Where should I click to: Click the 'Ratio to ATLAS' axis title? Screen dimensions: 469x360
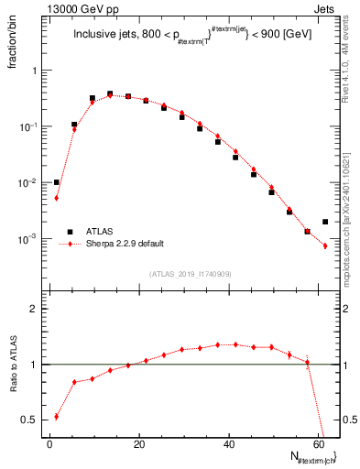(13, 389)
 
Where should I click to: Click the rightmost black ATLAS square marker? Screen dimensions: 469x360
(325, 222)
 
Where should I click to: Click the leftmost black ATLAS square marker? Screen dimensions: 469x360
(57, 182)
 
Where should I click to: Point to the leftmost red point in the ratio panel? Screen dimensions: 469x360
(57, 416)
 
